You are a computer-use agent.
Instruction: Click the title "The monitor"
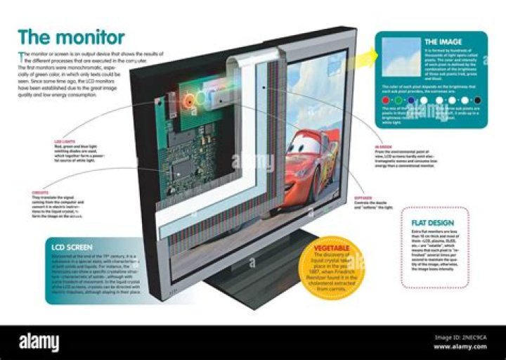(71, 37)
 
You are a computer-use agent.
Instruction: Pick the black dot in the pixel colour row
(477, 101)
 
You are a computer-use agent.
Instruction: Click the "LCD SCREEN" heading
(71, 247)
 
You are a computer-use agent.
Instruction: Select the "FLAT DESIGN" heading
(431, 223)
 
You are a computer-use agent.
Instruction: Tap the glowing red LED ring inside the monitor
(188, 100)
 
